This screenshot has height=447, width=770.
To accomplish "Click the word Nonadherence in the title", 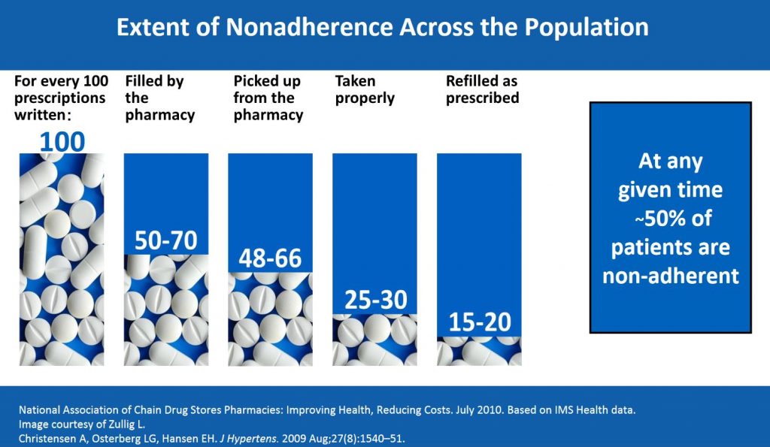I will click(302, 27).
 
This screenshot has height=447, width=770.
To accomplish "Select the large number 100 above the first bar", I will click(62, 140).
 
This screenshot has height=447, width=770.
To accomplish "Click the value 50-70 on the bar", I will click(165, 240).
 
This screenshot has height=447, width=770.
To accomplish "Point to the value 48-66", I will click(270, 258).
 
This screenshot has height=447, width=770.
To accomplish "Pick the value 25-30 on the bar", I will click(374, 300).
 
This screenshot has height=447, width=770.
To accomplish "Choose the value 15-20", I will click(479, 322).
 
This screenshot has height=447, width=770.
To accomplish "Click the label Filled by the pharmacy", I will click(159, 98).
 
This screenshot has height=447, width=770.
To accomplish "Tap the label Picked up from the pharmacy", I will click(268, 98).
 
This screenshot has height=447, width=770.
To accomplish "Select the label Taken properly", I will click(365, 89).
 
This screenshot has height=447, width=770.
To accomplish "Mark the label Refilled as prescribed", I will click(482, 89).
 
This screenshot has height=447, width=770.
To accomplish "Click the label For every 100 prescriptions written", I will click(61, 98).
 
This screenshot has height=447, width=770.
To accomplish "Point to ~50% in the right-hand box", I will click(670, 218).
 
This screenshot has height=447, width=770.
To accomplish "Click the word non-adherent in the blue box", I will click(670, 275).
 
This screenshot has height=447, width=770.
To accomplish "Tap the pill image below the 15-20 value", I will click(479, 351).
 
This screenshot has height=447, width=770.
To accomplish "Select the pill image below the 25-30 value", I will click(374, 340).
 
